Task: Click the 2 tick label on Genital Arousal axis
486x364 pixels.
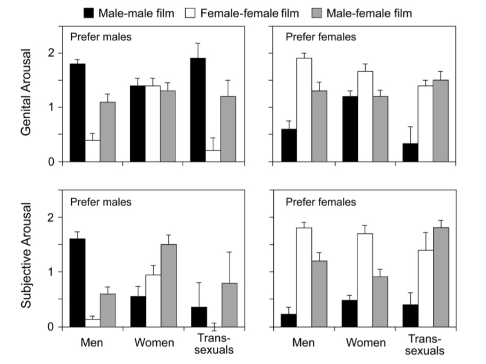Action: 51,53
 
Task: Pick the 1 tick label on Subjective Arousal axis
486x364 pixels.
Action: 51,272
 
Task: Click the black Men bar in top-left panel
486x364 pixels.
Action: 77,112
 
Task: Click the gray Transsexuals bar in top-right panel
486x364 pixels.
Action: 440,120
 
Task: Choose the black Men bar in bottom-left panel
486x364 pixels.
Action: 77,282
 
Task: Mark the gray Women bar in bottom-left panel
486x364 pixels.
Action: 168,285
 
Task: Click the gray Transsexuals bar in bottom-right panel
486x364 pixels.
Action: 441,277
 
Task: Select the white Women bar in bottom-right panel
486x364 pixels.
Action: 364,280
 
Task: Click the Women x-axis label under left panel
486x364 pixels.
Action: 154,343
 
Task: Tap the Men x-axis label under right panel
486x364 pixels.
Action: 304,343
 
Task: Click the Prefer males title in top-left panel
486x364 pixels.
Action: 101,37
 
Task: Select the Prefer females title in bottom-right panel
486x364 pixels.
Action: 321,202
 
